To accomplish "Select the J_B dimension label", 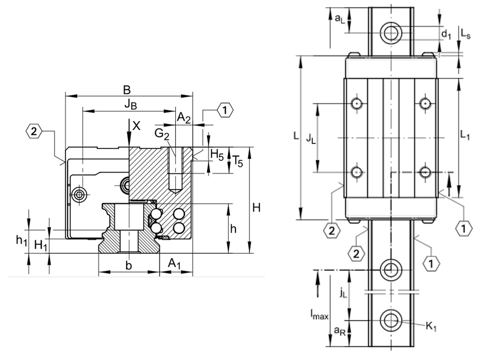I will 131,104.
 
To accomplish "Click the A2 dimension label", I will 183,117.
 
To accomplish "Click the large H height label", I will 256,208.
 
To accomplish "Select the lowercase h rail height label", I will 233,229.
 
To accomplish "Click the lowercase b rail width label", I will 128,266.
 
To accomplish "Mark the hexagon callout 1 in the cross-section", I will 225,110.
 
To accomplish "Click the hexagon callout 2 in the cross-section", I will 33,131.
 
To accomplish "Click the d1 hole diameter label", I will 446,35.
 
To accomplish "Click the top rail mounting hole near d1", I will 391,32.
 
